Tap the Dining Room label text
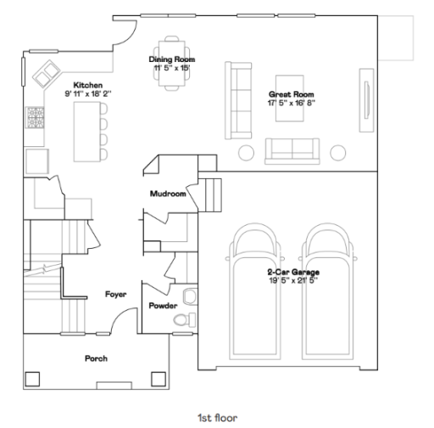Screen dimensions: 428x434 pos(172,59)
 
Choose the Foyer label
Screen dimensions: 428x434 pos(115,294)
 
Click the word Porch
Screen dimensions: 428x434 pos(96,358)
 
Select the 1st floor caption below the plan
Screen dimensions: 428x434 pos(218,417)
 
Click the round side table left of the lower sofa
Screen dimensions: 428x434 pos(248,152)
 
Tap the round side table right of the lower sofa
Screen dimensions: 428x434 pos(338,152)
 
